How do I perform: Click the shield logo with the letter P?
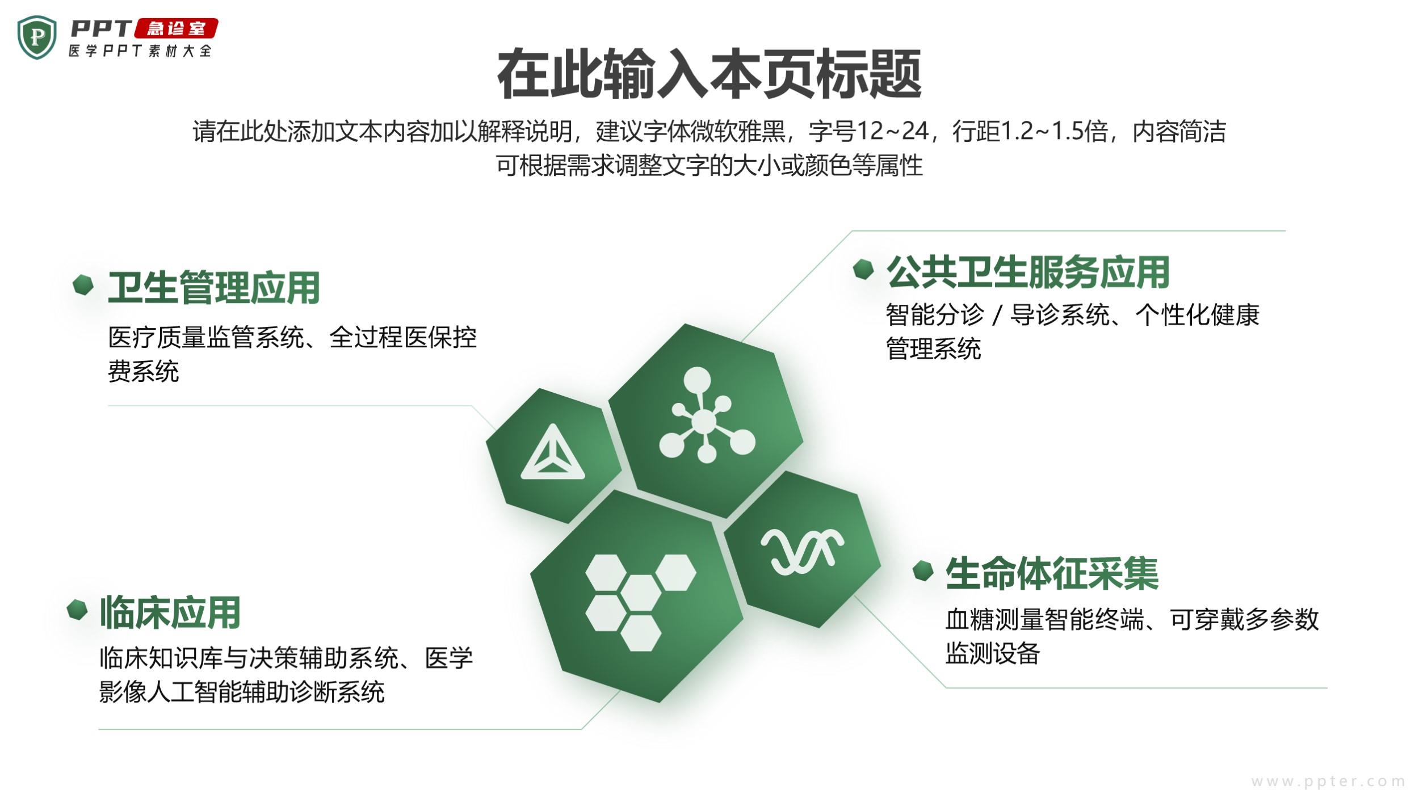pyautogui.click(x=37, y=37)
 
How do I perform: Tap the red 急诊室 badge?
pyautogui.click(x=176, y=28)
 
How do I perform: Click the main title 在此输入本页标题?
pyautogui.click(x=709, y=74)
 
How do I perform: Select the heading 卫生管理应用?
pyautogui.click(x=214, y=287)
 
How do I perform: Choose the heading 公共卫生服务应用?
pyautogui.click(x=1028, y=272)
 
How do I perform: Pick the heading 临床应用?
pyautogui.click(x=170, y=612)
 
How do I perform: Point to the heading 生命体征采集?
pyautogui.click(x=1052, y=573)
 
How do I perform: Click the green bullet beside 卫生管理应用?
pyautogui.click(x=83, y=285)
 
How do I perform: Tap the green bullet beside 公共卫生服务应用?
pyautogui.click(x=863, y=270)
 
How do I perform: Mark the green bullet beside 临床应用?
pyautogui.click(x=77, y=610)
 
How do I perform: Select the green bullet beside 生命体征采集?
pyautogui.click(x=923, y=571)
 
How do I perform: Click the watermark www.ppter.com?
pyautogui.click(x=1328, y=782)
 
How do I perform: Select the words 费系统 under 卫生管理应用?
pyautogui.click(x=144, y=372)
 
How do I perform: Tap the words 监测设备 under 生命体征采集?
pyautogui.click(x=993, y=653)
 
